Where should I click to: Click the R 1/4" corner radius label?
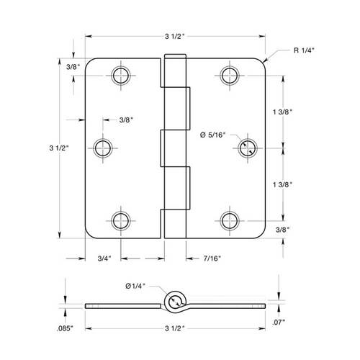click(304, 50)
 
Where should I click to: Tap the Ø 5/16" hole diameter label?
click(213, 135)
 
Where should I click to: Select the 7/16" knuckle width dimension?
click(212, 258)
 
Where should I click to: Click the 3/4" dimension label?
click(104, 258)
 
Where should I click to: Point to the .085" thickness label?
click(65, 328)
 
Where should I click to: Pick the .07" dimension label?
click(279, 323)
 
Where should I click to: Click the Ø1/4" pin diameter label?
click(135, 286)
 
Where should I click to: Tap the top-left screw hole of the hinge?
click(121, 76)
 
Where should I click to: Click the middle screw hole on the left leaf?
click(103, 148)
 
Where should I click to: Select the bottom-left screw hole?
click(121, 221)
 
